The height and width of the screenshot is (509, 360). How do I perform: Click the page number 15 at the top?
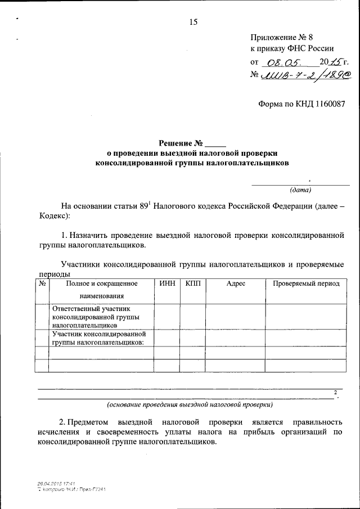click(x=194, y=22)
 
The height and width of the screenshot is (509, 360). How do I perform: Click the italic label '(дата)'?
click(x=300, y=190)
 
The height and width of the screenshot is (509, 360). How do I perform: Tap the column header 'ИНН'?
click(x=166, y=284)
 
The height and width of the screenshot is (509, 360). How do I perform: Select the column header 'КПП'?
click(x=192, y=284)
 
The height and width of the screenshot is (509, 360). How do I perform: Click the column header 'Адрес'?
click(x=236, y=284)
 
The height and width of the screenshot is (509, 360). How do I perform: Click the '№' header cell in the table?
click(x=42, y=284)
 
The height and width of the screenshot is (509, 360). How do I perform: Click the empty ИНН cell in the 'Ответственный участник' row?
click(x=166, y=317)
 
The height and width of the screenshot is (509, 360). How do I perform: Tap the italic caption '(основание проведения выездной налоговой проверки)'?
click(x=190, y=404)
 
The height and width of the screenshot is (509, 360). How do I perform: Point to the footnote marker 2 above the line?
click(x=335, y=391)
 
